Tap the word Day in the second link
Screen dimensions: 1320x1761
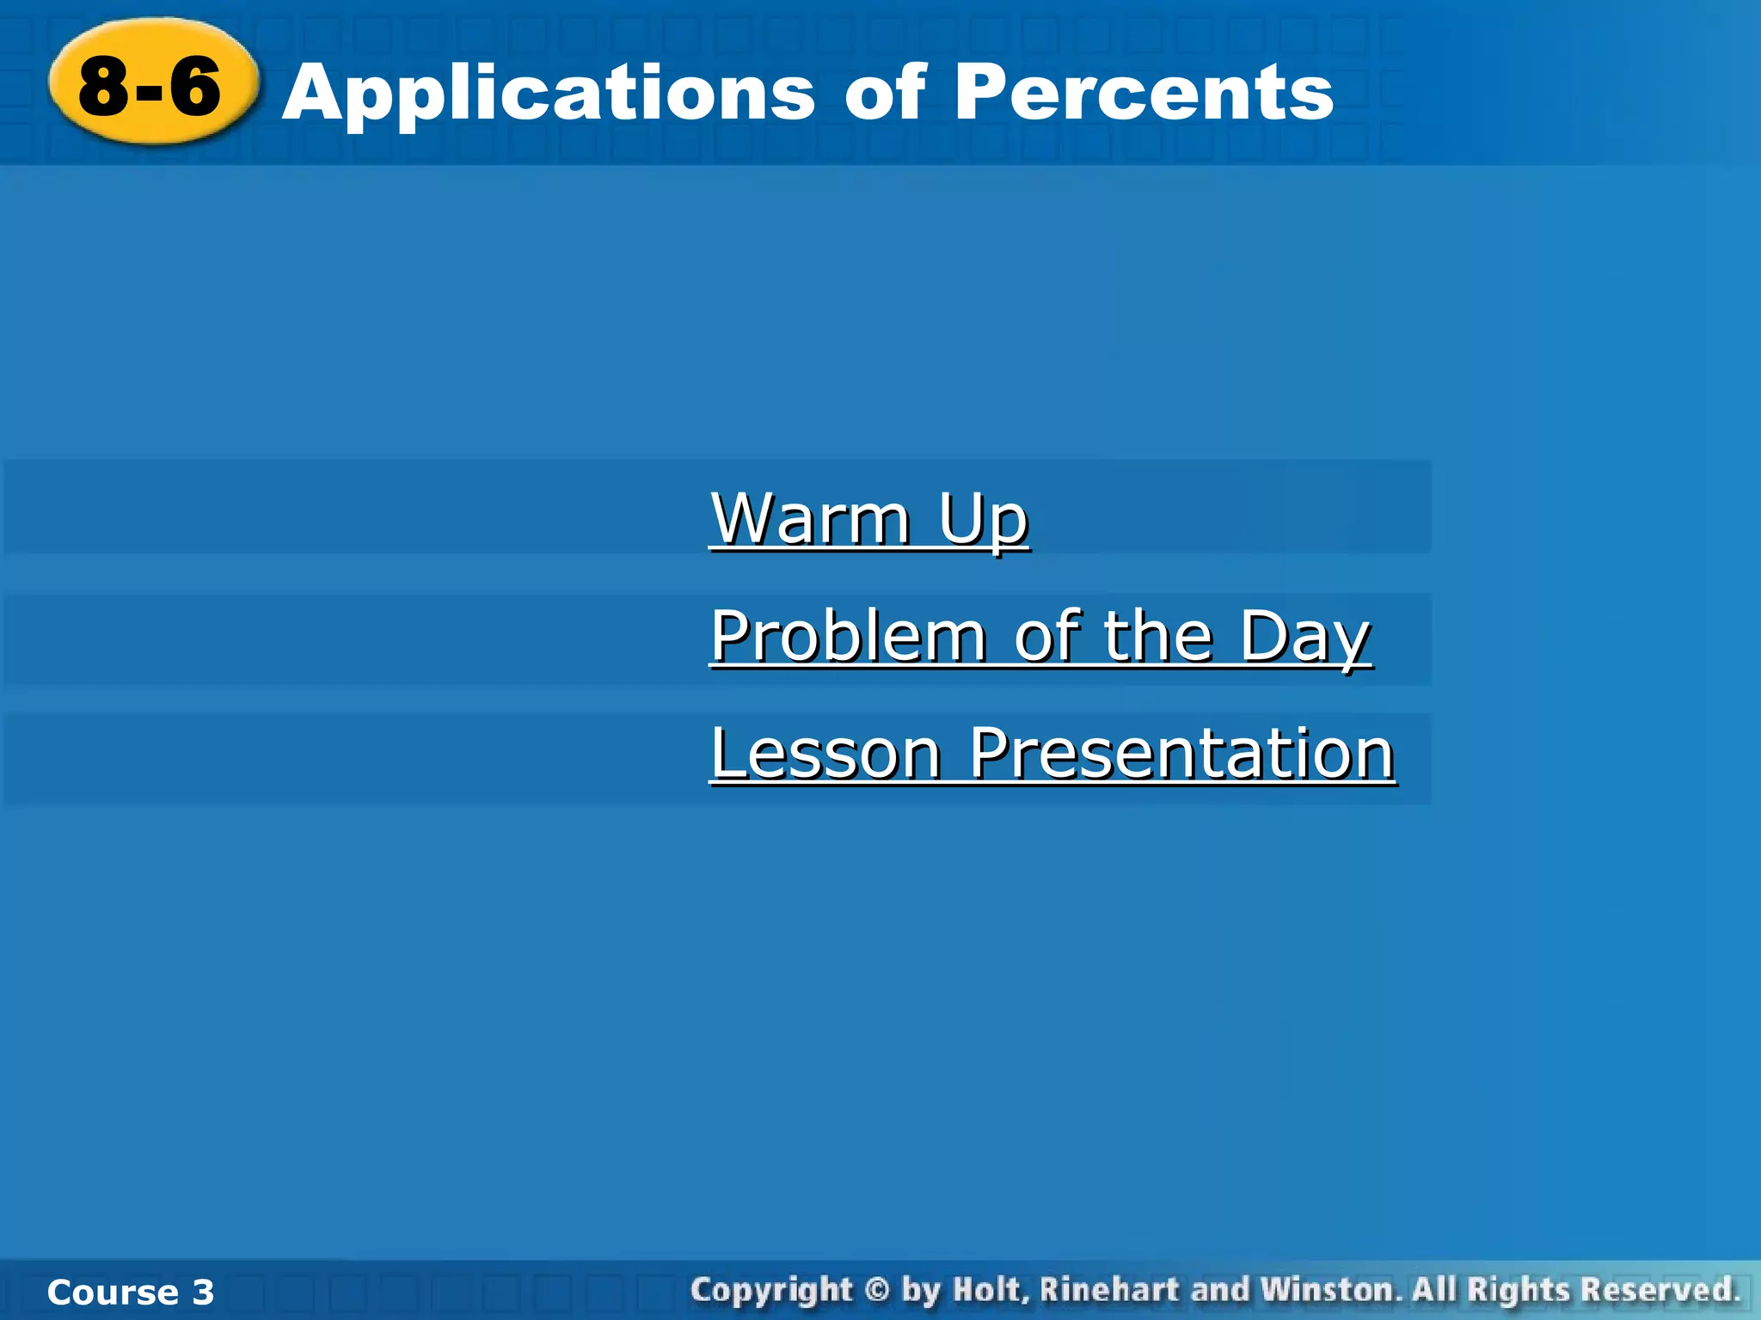(1304, 638)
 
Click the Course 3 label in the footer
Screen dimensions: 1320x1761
(130, 1292)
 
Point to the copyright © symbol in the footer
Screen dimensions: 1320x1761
(876, 1290)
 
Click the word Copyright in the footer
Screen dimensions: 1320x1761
(771, 1291)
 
